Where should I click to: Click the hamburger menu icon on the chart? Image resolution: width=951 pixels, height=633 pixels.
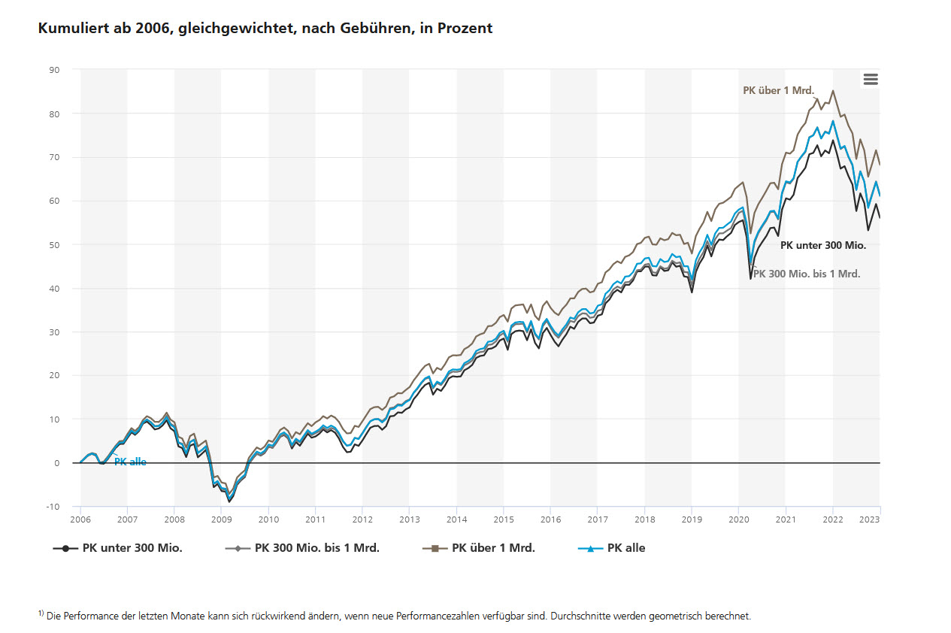click(871, 80)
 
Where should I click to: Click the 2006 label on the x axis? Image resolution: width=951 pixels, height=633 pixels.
click(80, 519)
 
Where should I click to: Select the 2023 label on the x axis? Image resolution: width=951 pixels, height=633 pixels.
click(870, 519)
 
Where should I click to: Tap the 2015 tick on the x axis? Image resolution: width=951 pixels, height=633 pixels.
click(504, 519)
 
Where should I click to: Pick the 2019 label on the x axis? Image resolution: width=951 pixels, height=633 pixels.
click(692, 519)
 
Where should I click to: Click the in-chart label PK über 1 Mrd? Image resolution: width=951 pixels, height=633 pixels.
click(778, 90)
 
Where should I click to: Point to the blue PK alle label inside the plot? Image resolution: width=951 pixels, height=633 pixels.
click(130, 462)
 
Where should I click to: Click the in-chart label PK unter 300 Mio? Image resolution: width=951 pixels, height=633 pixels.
click(823, 245)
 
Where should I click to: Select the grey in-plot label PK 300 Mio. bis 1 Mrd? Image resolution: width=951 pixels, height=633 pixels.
click(807, 274)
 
